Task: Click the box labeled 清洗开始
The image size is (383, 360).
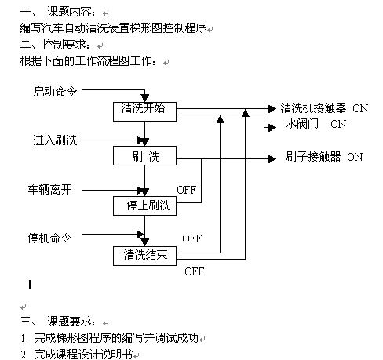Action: [x=144, y=111]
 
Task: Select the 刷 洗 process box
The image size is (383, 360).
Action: [x=144, y=156]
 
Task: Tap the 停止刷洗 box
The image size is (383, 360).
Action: [x=144, y=206]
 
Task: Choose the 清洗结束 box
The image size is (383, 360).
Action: [x=144, y=256]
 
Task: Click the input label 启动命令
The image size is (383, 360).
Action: [x=55, y=92]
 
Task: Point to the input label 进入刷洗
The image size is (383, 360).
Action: [x=55, y=140]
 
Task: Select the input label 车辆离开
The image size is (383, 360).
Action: [x=49, y=190]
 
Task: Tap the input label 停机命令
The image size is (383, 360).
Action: [x=49, y=238]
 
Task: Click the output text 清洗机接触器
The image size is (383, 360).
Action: [x=313, y=108]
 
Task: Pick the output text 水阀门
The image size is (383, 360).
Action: [x=302, y=124]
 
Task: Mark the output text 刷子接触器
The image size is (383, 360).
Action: [x=313, y=157]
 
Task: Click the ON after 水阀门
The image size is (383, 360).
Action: [x=338, y=124]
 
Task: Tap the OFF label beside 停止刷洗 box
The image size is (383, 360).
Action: [x=186, y=190]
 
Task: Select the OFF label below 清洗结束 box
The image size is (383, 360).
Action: [x=194, y=271]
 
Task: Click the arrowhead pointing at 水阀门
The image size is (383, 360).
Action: [x=272, y=128]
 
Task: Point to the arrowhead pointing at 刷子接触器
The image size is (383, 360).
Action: [x=272, y=158]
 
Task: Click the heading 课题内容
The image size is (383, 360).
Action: [x=69, y=12]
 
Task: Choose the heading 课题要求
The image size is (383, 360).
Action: [x=69, y=322]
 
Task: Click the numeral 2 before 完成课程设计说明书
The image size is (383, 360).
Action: [x=24, y=355]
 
